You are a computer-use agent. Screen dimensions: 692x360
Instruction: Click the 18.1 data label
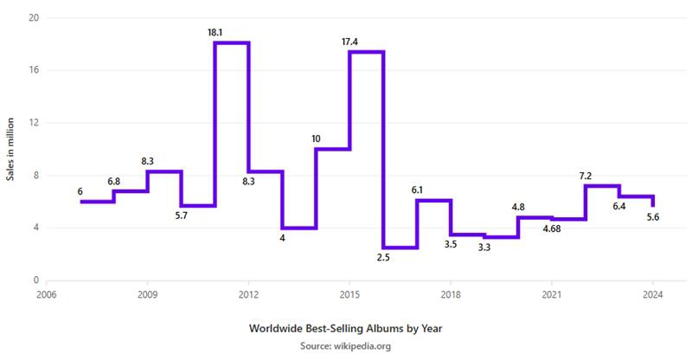tap(215, 32)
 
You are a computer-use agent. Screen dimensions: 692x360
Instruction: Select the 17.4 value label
tap(349, 42)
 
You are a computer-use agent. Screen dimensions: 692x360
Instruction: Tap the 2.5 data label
tap(383, 258)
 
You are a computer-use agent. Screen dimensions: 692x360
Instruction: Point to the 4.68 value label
tap(552, 228)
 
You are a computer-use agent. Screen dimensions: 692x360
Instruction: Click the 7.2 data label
tap(586, 176)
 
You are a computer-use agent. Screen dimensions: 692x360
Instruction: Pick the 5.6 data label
tap(653, 217)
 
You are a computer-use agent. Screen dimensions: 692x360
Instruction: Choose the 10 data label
tap(316, 138)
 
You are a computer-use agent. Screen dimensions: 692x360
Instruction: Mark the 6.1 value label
tap(417, 190)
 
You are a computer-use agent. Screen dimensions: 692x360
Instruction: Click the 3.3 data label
tap(484, 247)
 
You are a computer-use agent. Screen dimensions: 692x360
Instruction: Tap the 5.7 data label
tap(181, 215)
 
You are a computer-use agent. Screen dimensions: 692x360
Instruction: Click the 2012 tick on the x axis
tap(248, 294)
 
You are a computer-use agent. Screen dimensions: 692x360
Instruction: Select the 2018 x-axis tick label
tap(451, 294)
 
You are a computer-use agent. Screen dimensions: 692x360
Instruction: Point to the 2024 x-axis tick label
tap(653, 294)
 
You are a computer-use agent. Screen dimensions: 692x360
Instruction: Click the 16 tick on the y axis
tap(35, 70)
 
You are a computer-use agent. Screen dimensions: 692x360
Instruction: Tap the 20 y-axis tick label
tap(35, 17)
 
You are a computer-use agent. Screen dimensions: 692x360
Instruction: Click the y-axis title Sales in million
tap(10, 149)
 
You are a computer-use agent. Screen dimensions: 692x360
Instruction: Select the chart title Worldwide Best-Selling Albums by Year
tap(345, 328)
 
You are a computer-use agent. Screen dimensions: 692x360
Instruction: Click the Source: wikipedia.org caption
tap(345, 346)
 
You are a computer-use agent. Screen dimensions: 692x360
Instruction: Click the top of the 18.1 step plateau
tap(232, 43)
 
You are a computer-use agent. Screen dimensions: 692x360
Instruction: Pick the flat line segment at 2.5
tap(400, 247)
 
